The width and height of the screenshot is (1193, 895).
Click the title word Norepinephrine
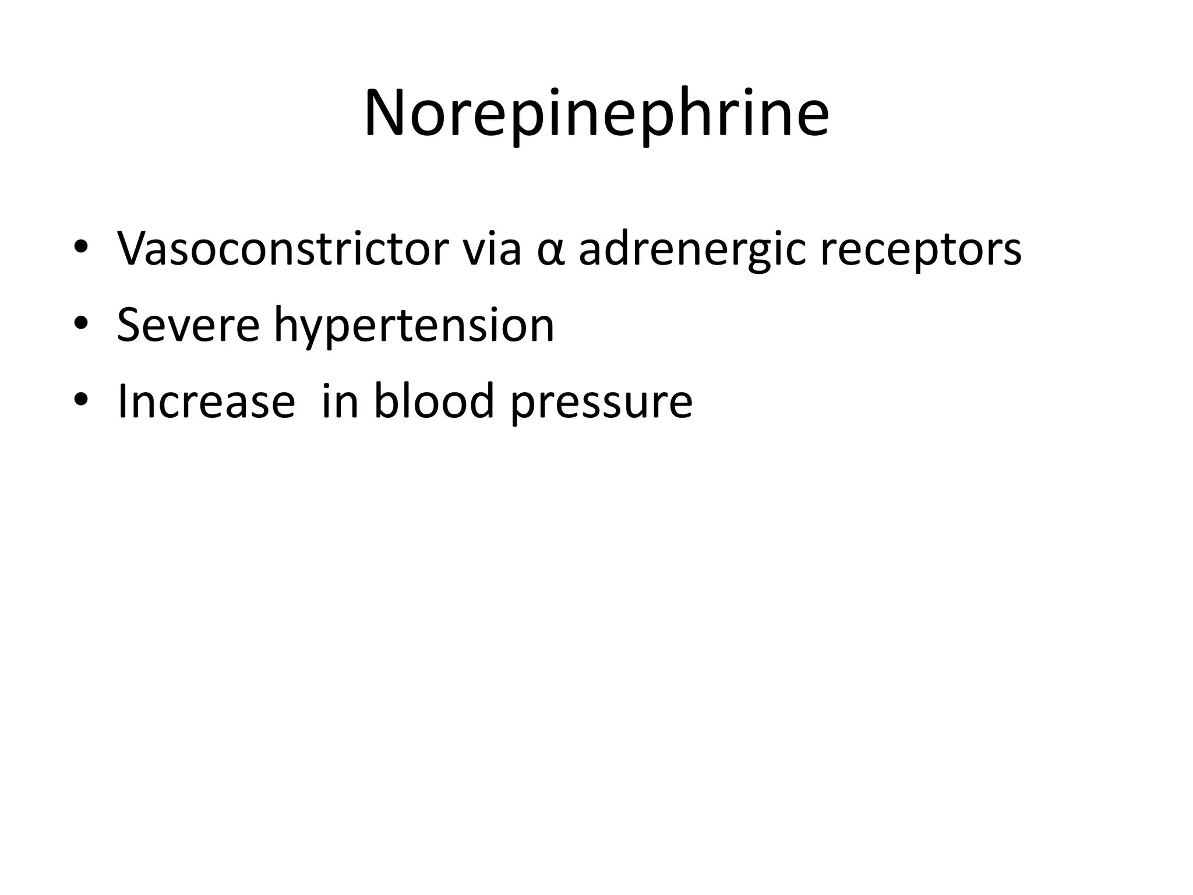(596, 114)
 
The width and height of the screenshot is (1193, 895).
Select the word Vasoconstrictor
(283, 249)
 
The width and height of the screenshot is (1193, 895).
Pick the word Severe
(188, 325)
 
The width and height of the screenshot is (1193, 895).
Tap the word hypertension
(414, 326)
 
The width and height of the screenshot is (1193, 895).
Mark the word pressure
(602, 403)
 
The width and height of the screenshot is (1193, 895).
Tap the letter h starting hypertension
(287, 323)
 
